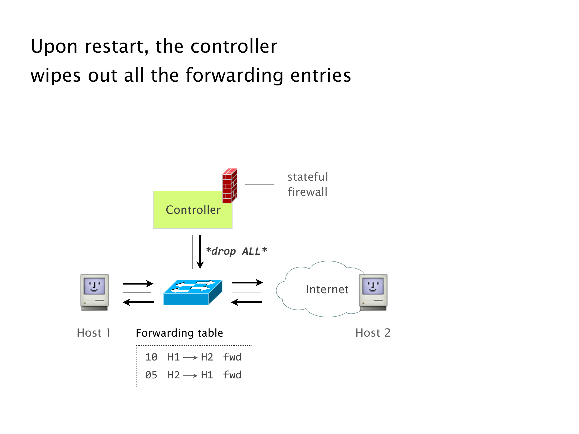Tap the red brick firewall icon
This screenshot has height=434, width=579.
click(230, 186)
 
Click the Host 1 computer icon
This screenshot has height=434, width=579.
click(94, 292)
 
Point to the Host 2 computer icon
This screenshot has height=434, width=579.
click(373, 292)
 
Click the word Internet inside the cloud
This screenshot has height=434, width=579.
click(327, 289)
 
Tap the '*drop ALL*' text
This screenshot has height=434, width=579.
click(236, 251)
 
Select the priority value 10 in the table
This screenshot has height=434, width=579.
click(151, 357)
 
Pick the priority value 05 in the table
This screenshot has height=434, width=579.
click(151, 375)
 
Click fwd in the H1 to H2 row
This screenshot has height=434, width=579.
click(232, 357)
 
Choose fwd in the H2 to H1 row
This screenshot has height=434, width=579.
click(232, 375)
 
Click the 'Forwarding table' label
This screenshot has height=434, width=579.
click(179, 333)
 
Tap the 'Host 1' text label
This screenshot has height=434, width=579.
click(94, 333)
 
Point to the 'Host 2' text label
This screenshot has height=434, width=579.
click(373, 333)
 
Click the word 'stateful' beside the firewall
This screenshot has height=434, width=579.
click(308, 177)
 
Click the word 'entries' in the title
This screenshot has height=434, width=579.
click(320, 75)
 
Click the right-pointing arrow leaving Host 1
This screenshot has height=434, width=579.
click(138, 283)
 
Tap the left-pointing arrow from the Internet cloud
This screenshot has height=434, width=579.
click(246, 302)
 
